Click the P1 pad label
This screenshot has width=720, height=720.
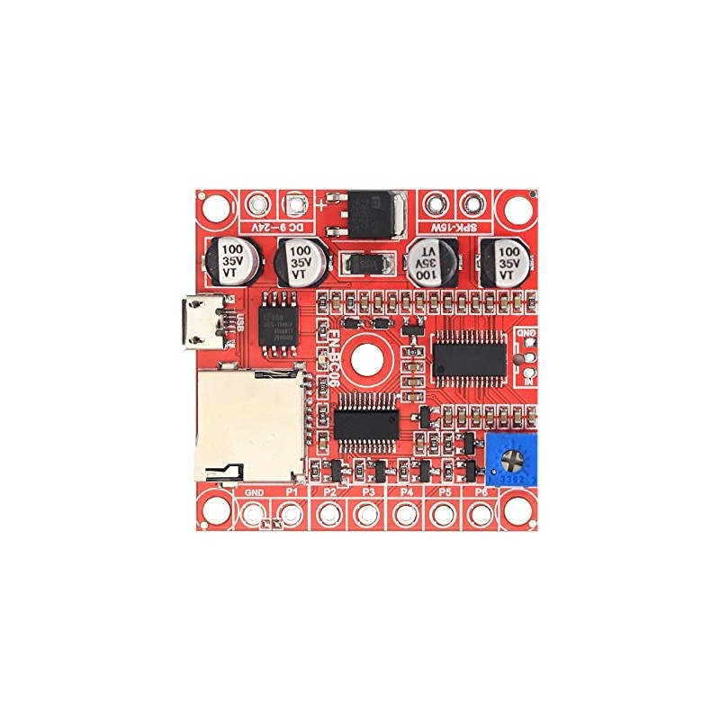click(291, 493)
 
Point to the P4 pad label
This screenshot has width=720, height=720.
click(406, 493)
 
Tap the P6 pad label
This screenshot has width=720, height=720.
click(481, 493)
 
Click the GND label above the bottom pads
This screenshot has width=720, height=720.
click(255, 493)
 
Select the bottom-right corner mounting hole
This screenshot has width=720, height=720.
click(517, 511)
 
